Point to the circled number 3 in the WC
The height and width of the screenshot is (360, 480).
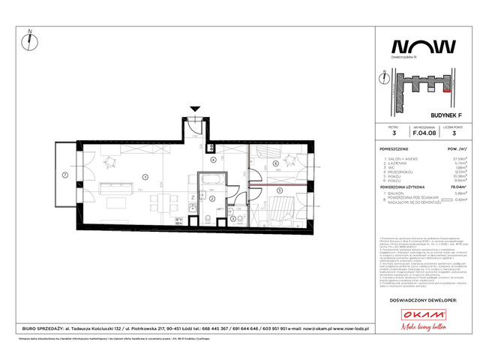pyautogui.click(x=234, y=218)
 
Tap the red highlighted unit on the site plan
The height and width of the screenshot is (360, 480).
pyautogui.click(x=448, y=89)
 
